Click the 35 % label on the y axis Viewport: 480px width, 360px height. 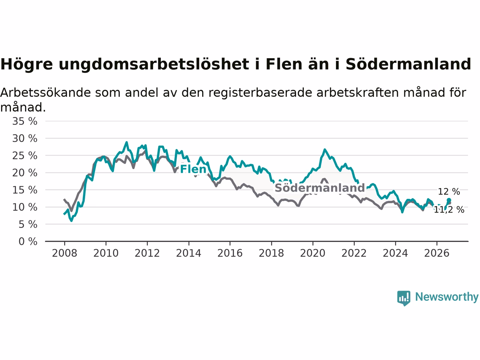[25, 121]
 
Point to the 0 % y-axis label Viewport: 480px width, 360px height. [28, 242]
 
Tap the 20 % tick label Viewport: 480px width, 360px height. [25, 173]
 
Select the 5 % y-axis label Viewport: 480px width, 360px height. [28, 225]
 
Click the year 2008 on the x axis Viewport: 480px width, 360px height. [64, 253]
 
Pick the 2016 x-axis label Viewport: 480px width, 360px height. [230, 253]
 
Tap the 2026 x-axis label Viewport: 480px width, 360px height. [437, 253]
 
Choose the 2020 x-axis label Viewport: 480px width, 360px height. [313, 253]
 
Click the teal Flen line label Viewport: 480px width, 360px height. [193, 169]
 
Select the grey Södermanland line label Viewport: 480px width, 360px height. [320, 188]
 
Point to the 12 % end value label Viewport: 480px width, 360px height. [449, 192]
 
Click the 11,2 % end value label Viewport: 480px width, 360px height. [449, 210]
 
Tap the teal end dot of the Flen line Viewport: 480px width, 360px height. [449, 200]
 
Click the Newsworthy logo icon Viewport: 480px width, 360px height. [403, 298]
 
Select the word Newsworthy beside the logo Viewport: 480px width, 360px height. [447, 297]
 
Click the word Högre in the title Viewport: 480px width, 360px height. [27, 64]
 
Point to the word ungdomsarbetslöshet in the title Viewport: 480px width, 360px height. [154, 64]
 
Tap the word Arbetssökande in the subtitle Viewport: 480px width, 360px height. [45, 93]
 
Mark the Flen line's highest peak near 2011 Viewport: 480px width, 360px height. [126, 142]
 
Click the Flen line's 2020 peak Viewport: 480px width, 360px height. [325, 150]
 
